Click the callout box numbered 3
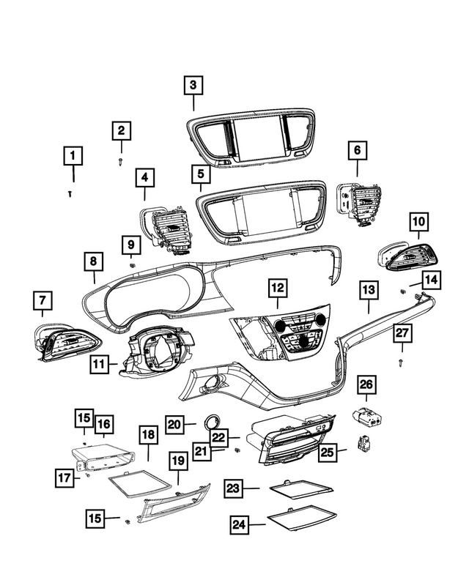(193, 86)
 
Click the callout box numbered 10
(418, 220)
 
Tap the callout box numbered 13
(367, 291)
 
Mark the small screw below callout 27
(402, 362)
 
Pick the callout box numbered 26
(366, 384)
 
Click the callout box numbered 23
(234, 488)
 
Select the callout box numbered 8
(94, 261)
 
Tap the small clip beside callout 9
(132, 264)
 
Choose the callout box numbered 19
(178, 461)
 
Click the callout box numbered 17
(64, 477)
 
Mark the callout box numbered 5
(199, 174)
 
